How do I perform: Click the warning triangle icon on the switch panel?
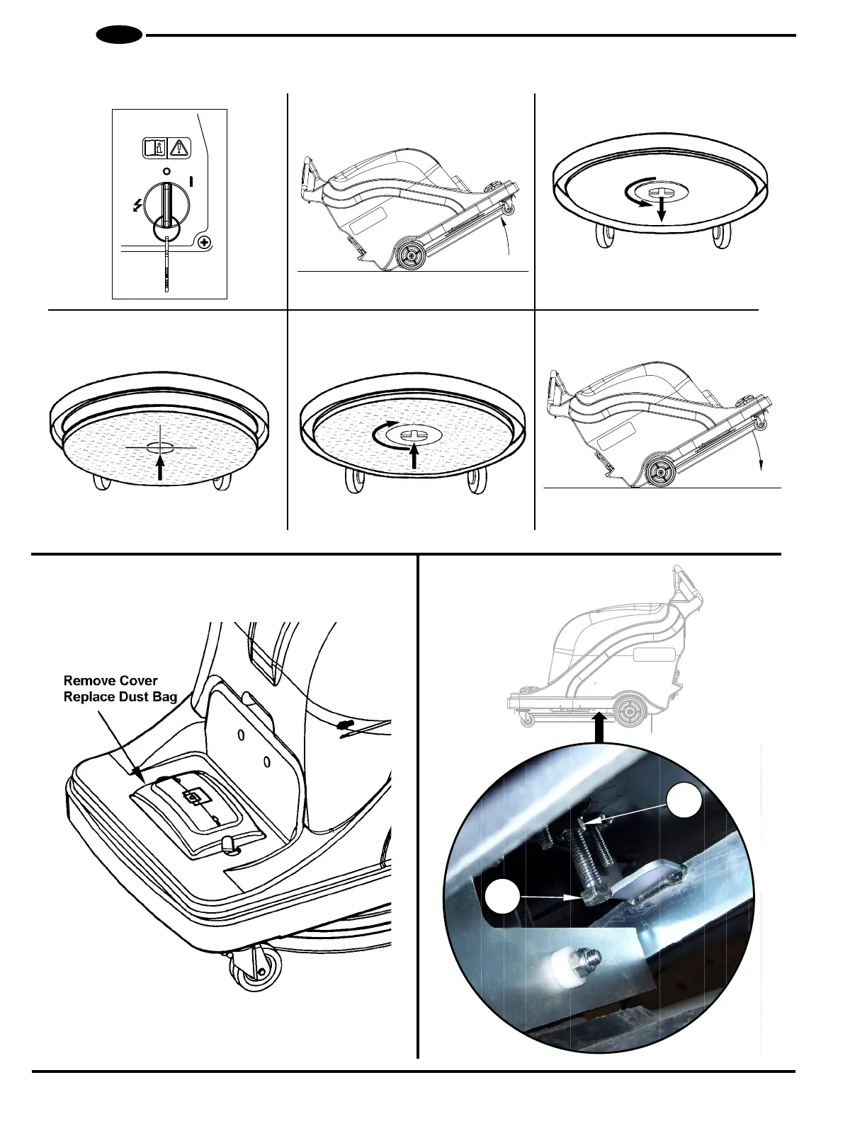tap(181, 148)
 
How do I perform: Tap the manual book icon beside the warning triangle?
tap(155, 148)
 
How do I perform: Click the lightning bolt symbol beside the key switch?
tap(137, 206)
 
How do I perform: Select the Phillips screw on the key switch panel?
tap(204, 243)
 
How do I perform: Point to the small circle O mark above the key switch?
tap(166, 171)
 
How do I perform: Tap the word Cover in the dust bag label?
tap(140, 681)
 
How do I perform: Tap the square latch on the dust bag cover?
tap(191, 798)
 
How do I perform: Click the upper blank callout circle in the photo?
tap(686, 800)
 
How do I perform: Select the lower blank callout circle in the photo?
tap(502, 897)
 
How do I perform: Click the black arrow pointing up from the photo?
tap(600, 728)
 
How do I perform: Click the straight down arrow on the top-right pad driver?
tap(661, 209)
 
